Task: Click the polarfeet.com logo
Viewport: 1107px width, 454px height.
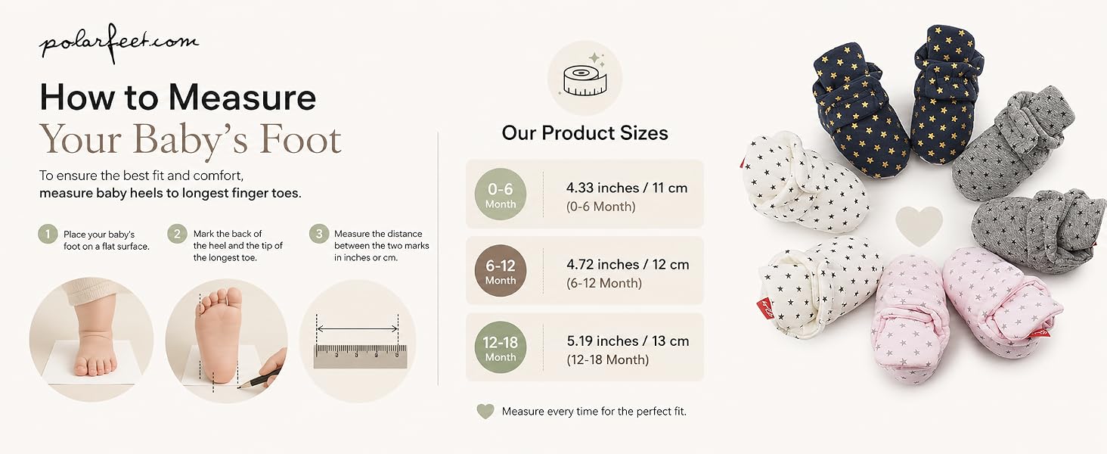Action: click(x=119, y=43)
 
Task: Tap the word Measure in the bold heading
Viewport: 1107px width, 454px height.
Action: click(x=242, y=97)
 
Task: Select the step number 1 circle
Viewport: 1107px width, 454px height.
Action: click(x=48, y=234)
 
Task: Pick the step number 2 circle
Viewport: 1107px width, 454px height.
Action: click(x=177, y=233)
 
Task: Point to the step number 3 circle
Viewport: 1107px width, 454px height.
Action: click(x=319, y=233)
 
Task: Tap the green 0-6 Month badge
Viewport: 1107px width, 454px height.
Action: click(x=500, y=194)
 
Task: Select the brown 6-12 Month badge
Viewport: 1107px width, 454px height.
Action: click(x=500, y=271)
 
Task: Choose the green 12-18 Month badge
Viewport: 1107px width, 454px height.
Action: click(x=500, y=347)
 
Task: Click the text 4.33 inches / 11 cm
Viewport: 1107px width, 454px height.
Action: click(x=627, y=188)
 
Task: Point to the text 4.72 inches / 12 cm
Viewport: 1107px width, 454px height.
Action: click(x=628, y=265)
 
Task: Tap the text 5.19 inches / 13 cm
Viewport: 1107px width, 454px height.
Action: click(x=628, y=341)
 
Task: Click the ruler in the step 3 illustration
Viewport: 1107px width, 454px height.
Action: click(x=360, y=356)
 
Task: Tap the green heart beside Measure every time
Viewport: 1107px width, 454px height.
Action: click(x=485, y=411)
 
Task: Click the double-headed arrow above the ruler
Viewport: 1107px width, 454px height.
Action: click(x=358, y=328)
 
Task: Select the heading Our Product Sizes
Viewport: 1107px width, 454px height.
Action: click(x=585, y=132)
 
